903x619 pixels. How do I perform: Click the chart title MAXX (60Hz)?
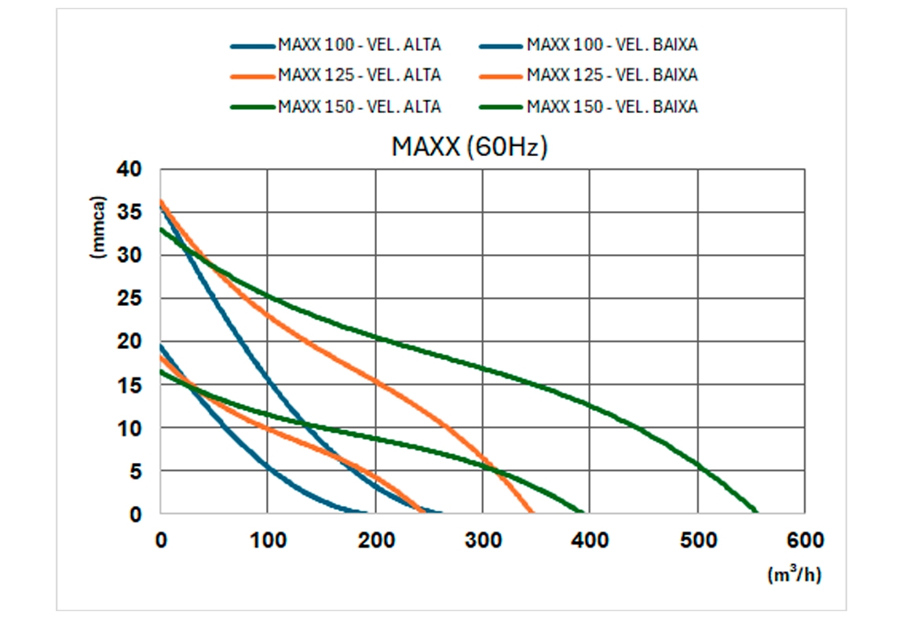point(469,147)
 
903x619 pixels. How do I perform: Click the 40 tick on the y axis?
point(130,169)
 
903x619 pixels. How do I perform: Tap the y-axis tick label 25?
point(130,299)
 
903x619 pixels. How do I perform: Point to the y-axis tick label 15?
point(130,385)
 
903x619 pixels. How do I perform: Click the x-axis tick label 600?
point(805,540)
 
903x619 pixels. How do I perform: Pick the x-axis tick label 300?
point(482,540)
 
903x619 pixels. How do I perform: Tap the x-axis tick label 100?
point(267,540)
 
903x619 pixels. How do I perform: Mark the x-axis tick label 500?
point(697,540)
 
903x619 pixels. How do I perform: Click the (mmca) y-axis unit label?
point(97,227)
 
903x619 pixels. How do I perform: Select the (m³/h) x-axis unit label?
point(794,575)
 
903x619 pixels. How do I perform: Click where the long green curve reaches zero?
point(756,513)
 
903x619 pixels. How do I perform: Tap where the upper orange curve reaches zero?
point(532,513)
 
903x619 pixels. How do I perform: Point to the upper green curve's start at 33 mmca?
point(161,229)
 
